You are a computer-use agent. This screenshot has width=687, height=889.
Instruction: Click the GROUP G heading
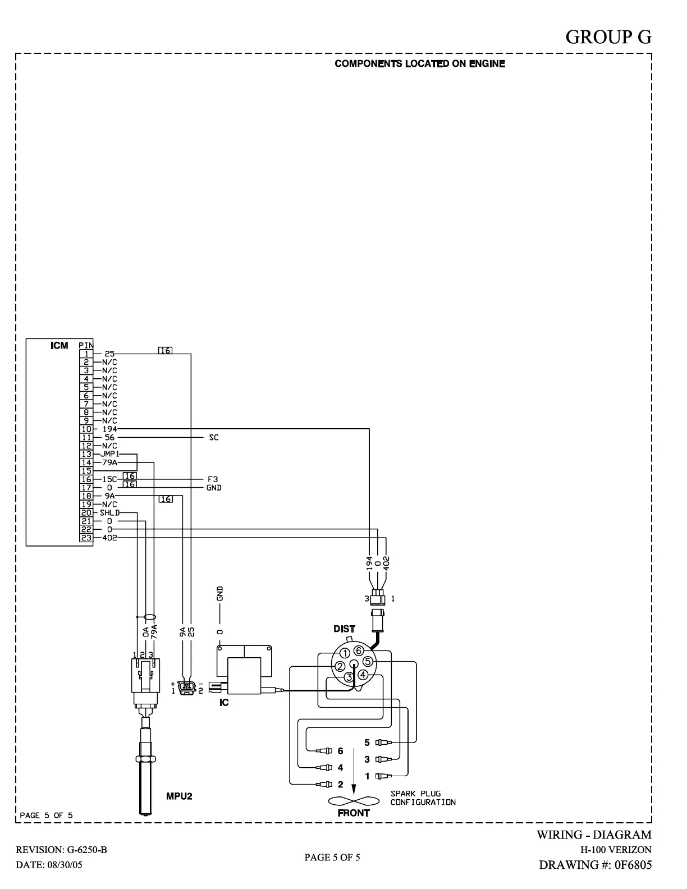tap(608, 37)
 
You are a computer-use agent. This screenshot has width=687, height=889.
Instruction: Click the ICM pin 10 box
tap(86, 429)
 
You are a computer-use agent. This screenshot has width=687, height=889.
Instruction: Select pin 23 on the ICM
tap(86, 538)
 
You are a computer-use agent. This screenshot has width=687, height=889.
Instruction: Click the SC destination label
tap(214, 437)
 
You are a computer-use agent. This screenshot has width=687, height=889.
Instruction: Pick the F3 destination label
tap(213, 479)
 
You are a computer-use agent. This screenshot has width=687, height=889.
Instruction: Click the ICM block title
tap(59, 346)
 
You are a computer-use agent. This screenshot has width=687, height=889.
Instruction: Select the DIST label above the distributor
tap(344, 629)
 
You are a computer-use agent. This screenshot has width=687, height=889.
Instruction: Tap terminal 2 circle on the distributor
tap(340, 667)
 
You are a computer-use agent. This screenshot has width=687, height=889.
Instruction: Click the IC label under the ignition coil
tap(224, 703)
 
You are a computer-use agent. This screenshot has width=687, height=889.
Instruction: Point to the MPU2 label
tap(179, 796)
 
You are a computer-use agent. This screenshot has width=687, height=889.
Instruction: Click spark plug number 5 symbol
tap(383, 743)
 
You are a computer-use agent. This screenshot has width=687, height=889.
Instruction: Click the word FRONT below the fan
tap(354, 813)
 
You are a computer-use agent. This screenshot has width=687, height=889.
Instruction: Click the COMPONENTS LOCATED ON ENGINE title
tap(420, 64)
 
